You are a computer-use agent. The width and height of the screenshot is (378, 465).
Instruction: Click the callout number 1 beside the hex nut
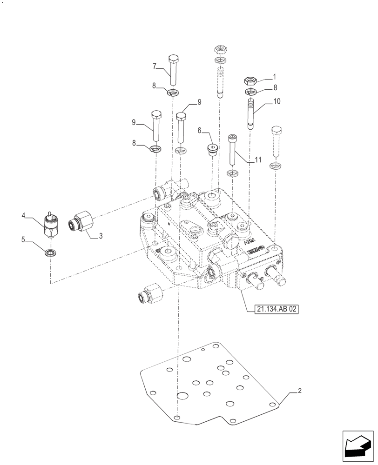tap(275, 76)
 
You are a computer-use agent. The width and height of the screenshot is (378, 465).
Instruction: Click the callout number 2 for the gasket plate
tap(300, 391)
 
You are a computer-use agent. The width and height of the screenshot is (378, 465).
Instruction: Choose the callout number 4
tap(23, 215)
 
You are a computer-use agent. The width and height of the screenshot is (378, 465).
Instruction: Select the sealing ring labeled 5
tap(49, 252)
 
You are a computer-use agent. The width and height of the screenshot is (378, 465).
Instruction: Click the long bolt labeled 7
tap(173, 70)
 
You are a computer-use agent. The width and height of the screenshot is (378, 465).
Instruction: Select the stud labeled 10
tap(251, 113)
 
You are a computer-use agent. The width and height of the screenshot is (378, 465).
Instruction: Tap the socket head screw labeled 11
tap(232, 149)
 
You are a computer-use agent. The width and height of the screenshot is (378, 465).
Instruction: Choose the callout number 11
tap(258, 160)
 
